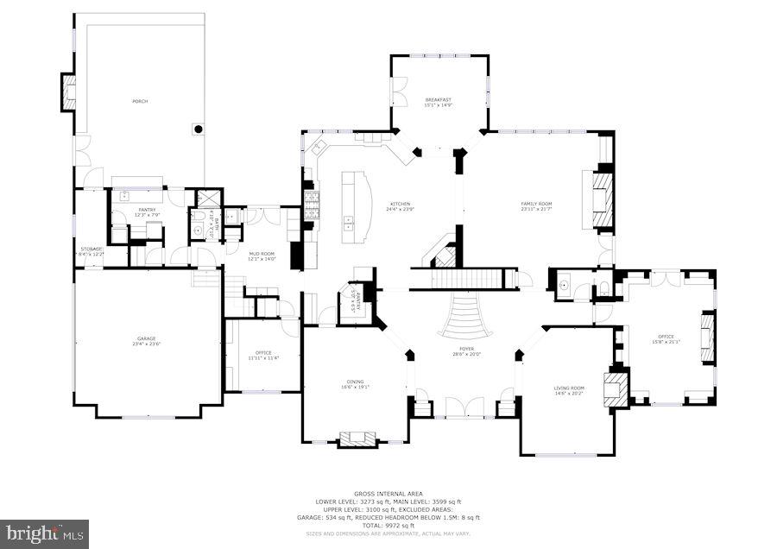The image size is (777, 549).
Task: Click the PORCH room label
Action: pos(139,102)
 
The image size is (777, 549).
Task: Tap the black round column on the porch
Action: pos(199,129)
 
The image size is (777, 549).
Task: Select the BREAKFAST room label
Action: pos(439,102)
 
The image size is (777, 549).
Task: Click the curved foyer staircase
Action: pos(465,317)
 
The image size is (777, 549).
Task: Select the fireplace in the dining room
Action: pos(357,440)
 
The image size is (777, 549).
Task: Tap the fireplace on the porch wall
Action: pos(68,92)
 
